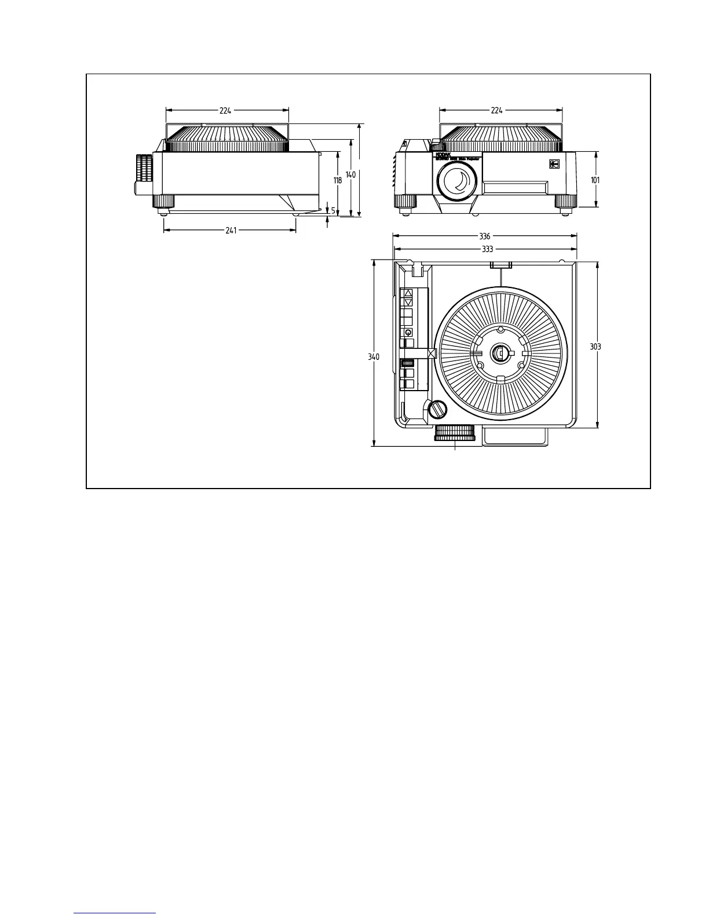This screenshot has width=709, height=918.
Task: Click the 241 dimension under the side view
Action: click(x=231, y=230)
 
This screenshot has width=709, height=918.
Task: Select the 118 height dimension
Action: click(x=338, y=180)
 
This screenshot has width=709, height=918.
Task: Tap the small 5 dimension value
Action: click(x=333, y=210)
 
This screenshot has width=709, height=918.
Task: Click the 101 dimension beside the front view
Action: click(x=595, y=180)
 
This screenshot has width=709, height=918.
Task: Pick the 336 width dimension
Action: click(x=485, y=236)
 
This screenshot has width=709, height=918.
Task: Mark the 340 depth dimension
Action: click(x=374, y=357)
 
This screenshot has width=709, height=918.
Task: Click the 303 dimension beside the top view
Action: click(x=595, y=347)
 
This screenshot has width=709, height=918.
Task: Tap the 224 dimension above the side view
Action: click(x=225, y=110)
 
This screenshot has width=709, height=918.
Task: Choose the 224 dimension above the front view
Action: click(x=496, y=110)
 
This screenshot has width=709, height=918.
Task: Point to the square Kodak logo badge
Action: click(x=554, y=164)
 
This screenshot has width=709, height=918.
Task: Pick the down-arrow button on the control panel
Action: click(x=408, y=302)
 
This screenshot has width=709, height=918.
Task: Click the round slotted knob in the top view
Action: click(x=438, y=410)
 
